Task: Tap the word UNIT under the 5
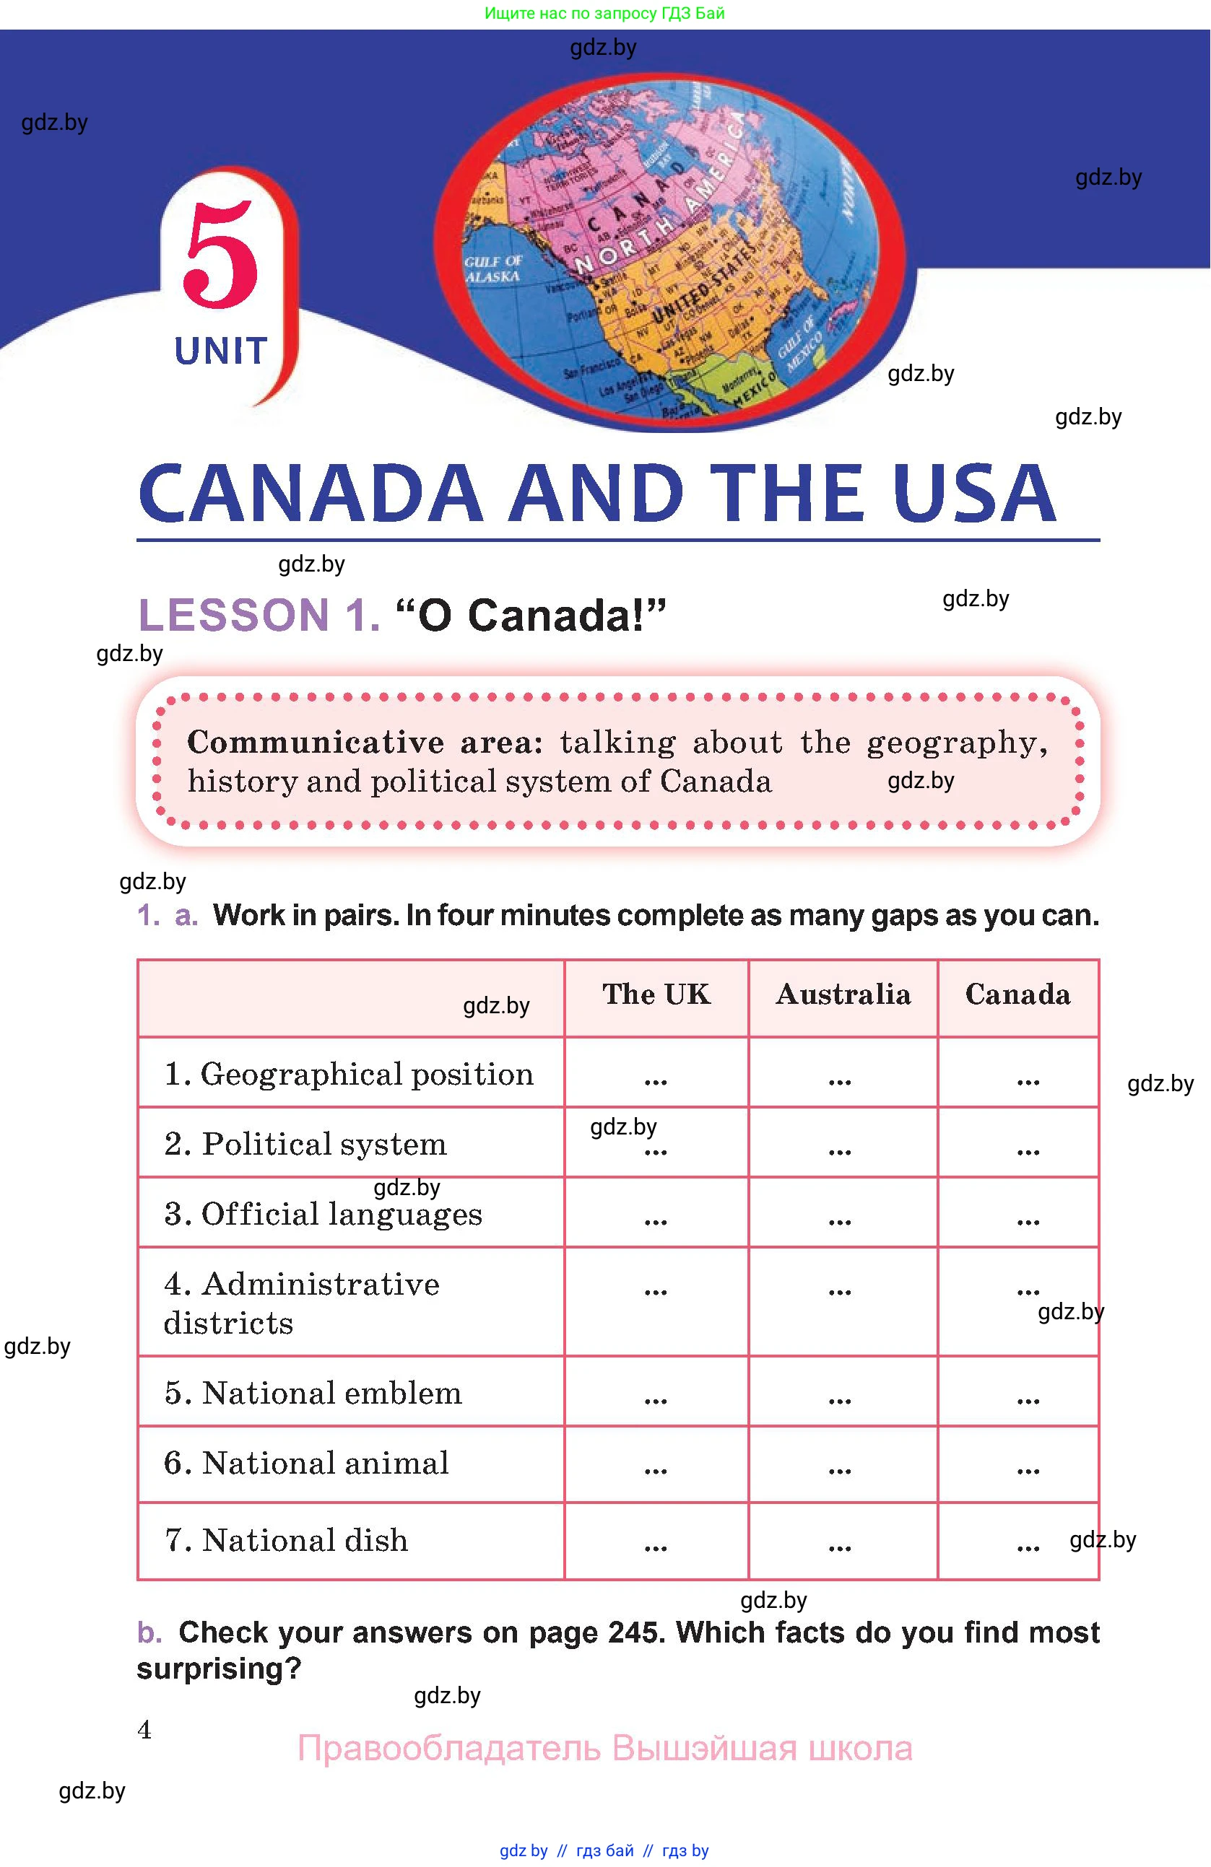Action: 220,351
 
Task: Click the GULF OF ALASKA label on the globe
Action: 492,269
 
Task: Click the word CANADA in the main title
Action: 310,494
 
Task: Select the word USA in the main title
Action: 973,494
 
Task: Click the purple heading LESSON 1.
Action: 259,615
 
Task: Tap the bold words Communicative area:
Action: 365,742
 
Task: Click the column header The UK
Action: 656,994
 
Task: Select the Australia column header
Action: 843,994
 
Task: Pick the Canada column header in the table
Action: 1017,994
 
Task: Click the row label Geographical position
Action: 350,1074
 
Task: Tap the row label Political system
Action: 306,1144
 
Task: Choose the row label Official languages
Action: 324,1214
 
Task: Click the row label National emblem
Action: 314,1392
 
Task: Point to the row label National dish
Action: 287,1540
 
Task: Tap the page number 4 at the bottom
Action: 144,1729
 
